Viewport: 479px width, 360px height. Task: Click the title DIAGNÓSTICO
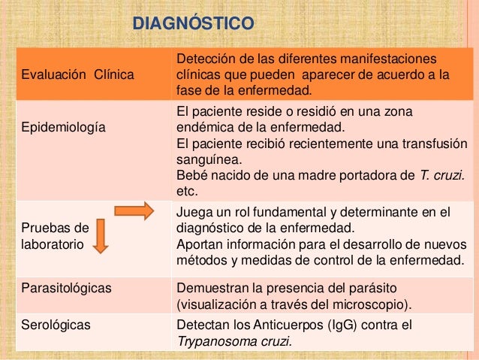click(x=193, y=24)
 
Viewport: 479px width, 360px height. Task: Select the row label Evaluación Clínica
click(x=76, y=75)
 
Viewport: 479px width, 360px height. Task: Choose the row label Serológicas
click(x=52, y=325)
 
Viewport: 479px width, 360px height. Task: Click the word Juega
click(x=193, y=213)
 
